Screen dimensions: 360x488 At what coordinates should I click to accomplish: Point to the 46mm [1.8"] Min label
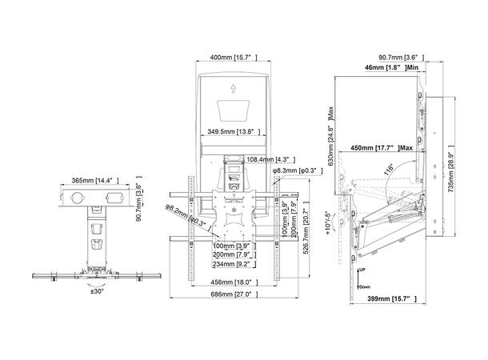387,70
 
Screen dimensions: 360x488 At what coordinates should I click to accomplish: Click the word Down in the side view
364,286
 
